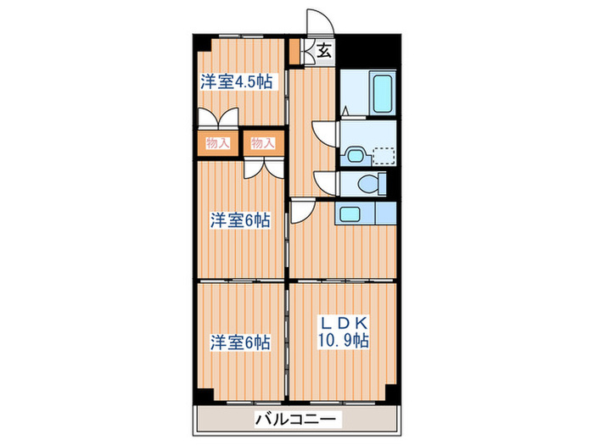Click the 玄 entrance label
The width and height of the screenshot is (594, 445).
324,51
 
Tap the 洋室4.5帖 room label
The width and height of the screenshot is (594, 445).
237,82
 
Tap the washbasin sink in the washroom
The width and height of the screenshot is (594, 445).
355,154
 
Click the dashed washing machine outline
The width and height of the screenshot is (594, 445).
384,155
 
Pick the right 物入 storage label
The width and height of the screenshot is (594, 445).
263,142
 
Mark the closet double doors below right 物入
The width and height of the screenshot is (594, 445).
261,165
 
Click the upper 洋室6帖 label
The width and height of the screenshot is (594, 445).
240,220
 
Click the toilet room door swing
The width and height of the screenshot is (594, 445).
324,182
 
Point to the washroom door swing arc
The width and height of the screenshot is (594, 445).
324,134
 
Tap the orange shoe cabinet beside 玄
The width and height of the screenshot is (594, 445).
294,53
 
